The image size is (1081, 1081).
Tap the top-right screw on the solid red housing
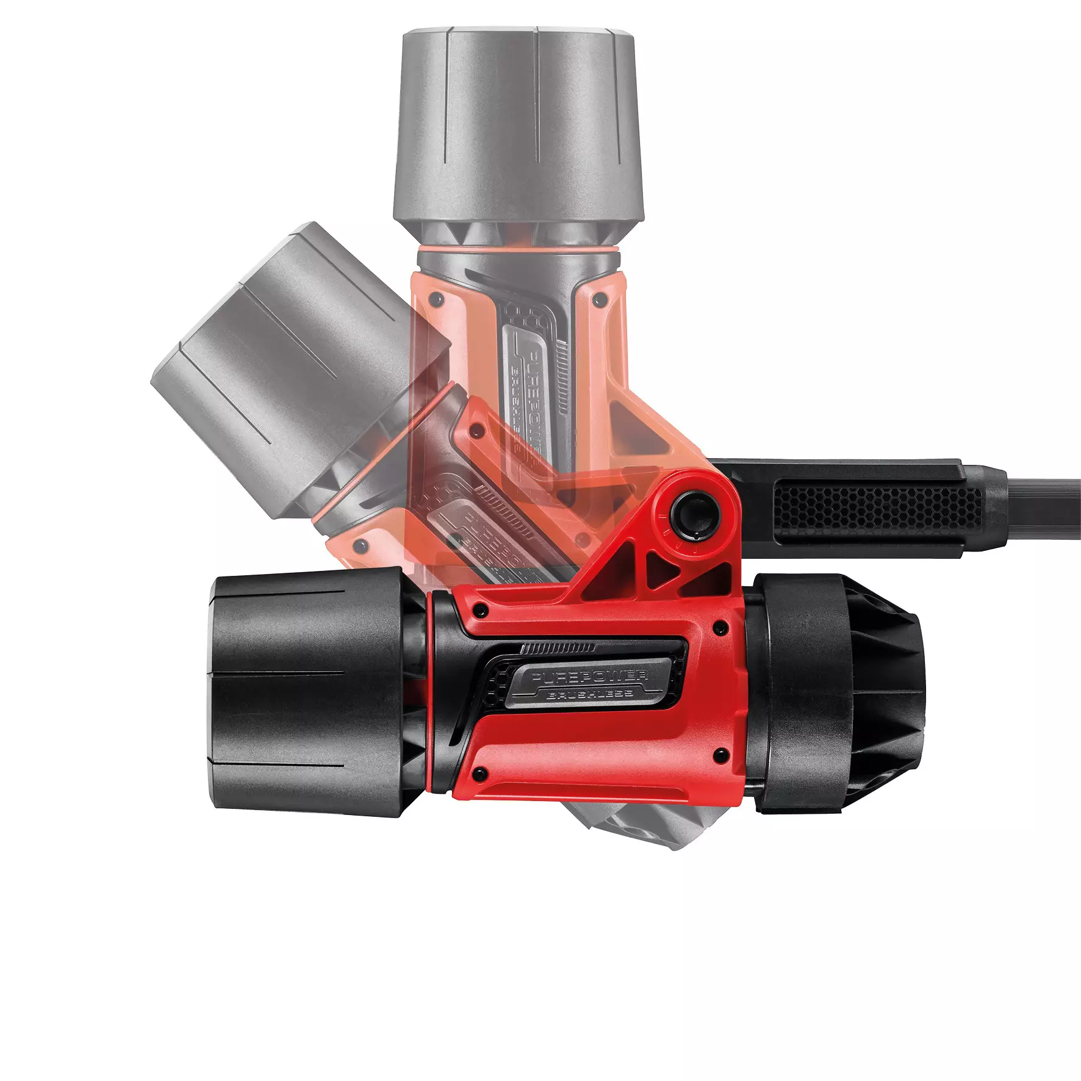point(720,626)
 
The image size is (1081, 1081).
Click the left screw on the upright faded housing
point(434,299)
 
